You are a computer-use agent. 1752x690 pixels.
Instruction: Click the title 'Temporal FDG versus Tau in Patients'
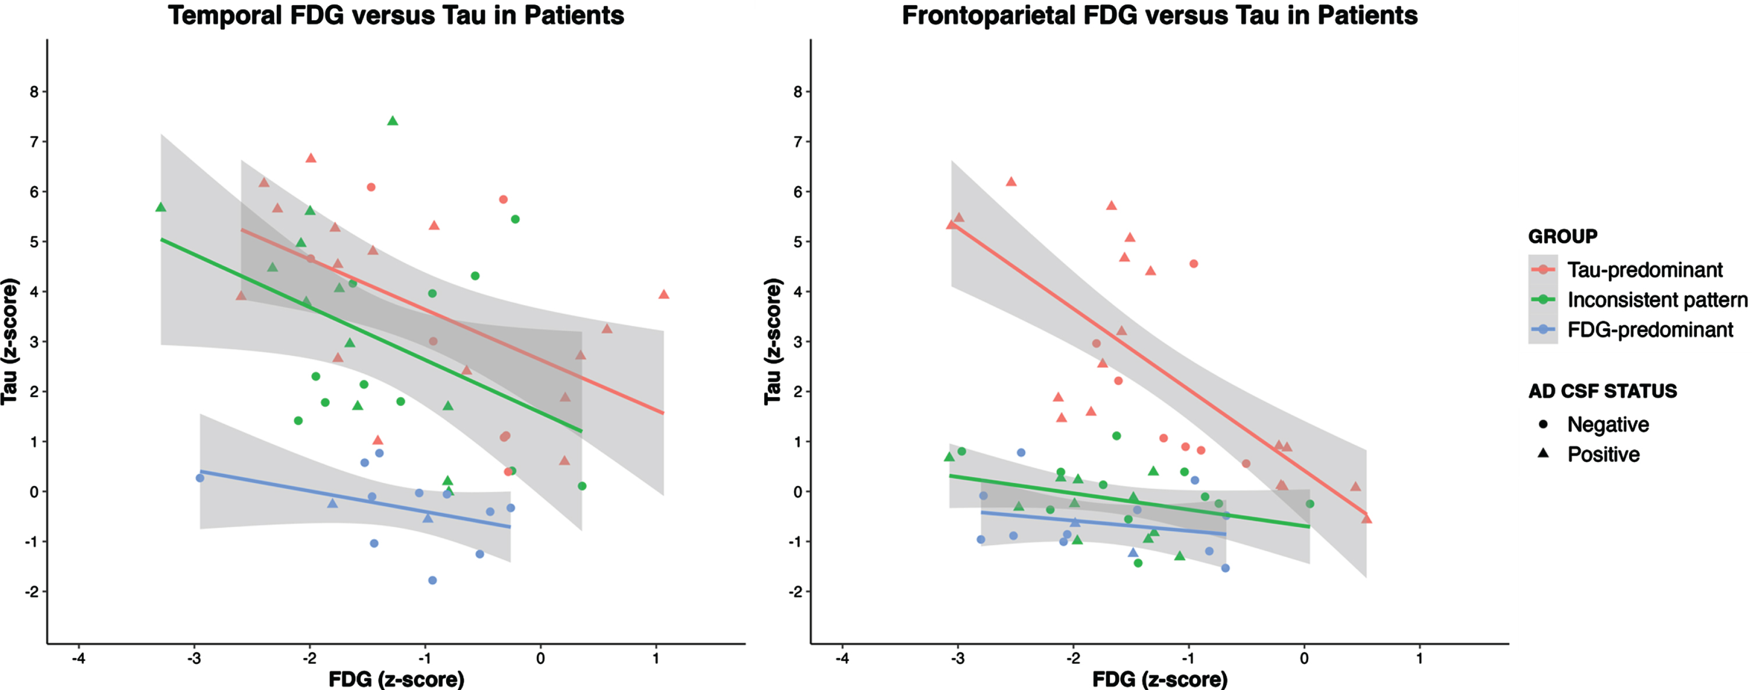(396, 15)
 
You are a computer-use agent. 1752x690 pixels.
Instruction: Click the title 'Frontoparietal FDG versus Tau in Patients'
(1160, 15)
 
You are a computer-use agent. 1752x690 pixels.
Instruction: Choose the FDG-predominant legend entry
(1631, 330)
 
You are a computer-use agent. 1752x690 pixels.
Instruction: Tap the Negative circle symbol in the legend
(1543, 424)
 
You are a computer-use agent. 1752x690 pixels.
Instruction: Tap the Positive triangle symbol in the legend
(1543, 453)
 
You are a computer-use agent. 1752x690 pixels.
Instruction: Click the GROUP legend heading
(1562, 237)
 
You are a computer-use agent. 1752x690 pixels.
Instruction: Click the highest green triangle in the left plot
(393, 121)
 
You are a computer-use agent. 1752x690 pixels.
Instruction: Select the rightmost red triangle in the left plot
(664, 294)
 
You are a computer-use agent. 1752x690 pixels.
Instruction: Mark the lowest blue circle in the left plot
(432, 581)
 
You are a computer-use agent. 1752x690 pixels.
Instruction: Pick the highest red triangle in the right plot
(1011, 181)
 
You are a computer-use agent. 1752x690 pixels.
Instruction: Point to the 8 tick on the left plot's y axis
(34, 92)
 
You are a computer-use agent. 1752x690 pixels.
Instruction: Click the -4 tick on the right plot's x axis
(842, 658)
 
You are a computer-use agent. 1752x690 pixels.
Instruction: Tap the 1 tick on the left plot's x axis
(656, 658)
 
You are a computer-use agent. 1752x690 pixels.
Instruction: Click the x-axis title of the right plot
(1160, 679)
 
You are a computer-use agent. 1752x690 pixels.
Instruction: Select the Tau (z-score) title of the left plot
(9, 341)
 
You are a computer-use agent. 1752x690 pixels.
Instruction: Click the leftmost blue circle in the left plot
(200, 478)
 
